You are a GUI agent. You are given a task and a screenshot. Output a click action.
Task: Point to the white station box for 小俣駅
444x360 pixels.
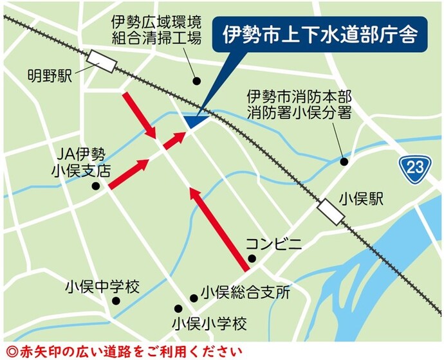click(x=331, y=211)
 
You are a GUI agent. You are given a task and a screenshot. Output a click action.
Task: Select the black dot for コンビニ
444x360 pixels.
click(x=252, y=259)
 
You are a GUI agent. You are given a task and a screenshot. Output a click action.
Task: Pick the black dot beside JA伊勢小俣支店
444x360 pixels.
click(x=95, y=186)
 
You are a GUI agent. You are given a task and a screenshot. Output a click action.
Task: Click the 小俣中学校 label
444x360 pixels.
click(x=102, y=287)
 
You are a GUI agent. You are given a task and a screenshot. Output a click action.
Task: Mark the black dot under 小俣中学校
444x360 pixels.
click(x=116, y=301)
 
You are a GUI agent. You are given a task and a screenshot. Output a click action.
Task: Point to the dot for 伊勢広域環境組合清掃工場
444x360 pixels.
click(x=198, y=80)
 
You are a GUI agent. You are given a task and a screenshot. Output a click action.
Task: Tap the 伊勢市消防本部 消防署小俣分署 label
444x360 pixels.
click(x=299, y=105)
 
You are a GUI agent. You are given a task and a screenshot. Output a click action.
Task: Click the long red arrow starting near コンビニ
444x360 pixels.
click(x=219, y=229)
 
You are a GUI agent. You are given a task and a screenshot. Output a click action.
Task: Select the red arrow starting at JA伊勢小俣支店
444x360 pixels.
click(x=128, y=174)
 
